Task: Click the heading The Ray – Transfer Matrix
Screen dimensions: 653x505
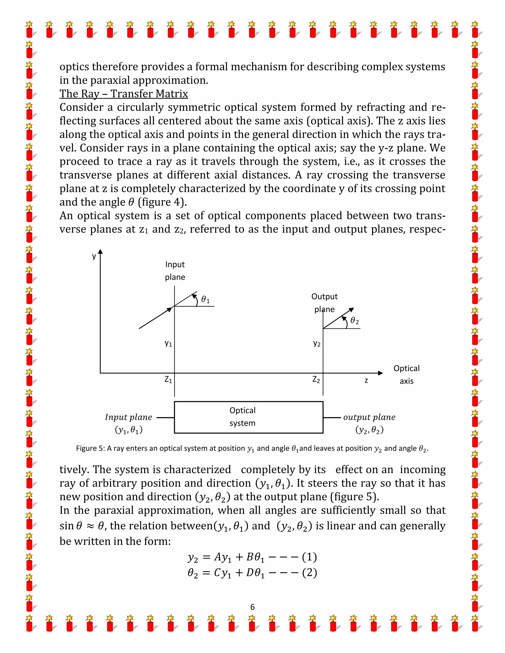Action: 124,94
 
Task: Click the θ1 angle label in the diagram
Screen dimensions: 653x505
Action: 205,299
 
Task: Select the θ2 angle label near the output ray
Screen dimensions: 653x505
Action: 355,321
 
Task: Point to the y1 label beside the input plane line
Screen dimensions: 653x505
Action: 168,343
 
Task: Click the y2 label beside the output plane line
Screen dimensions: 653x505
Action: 317,343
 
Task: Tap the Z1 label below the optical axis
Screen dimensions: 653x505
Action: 168,380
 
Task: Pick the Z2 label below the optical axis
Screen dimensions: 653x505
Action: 316,380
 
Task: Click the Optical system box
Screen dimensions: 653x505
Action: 248,417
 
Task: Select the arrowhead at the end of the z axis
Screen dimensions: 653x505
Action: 380,373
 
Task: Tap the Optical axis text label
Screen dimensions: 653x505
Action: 406,374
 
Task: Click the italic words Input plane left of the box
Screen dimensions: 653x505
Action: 128,417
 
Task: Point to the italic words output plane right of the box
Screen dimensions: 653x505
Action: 369,417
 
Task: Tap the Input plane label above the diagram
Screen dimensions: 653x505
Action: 175,271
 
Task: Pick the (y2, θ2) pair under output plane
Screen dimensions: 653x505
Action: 369,430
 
